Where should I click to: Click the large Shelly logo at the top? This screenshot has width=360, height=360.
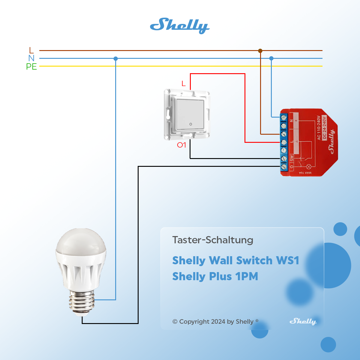179,25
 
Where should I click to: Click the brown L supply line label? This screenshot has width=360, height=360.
31,50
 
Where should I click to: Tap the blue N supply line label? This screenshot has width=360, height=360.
31,58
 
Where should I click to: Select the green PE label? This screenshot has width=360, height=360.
31,67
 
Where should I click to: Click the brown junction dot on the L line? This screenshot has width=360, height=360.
260,51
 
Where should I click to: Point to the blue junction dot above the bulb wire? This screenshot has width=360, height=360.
116,58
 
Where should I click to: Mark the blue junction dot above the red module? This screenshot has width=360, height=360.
271,58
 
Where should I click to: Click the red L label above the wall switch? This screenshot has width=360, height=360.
184,83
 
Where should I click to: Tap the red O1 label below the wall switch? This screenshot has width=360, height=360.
181,145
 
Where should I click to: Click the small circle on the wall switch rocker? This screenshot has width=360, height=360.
190,124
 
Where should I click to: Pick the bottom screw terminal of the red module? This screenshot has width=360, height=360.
284,167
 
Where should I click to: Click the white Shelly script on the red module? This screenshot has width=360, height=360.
331,141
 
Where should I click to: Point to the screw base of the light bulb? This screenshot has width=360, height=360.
82,301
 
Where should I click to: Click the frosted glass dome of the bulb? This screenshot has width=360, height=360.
81,241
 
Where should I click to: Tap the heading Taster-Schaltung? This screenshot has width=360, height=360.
213,240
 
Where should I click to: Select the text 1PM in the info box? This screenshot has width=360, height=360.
247,276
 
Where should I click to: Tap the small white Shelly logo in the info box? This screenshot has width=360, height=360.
303,321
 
